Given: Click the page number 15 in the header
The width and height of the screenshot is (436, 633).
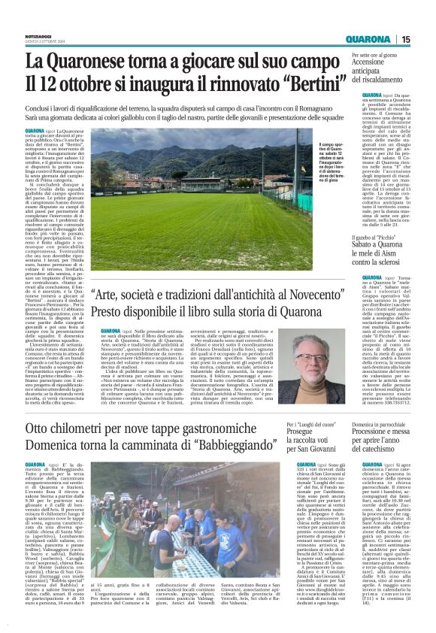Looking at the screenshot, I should pyautogui.click(x=426, y=39).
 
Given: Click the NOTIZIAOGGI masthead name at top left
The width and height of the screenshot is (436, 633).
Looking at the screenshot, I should pyautogui.click(x=41, y=35).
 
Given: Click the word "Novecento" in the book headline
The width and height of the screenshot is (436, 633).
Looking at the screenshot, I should pyautogui.click(x=310, y=296).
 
